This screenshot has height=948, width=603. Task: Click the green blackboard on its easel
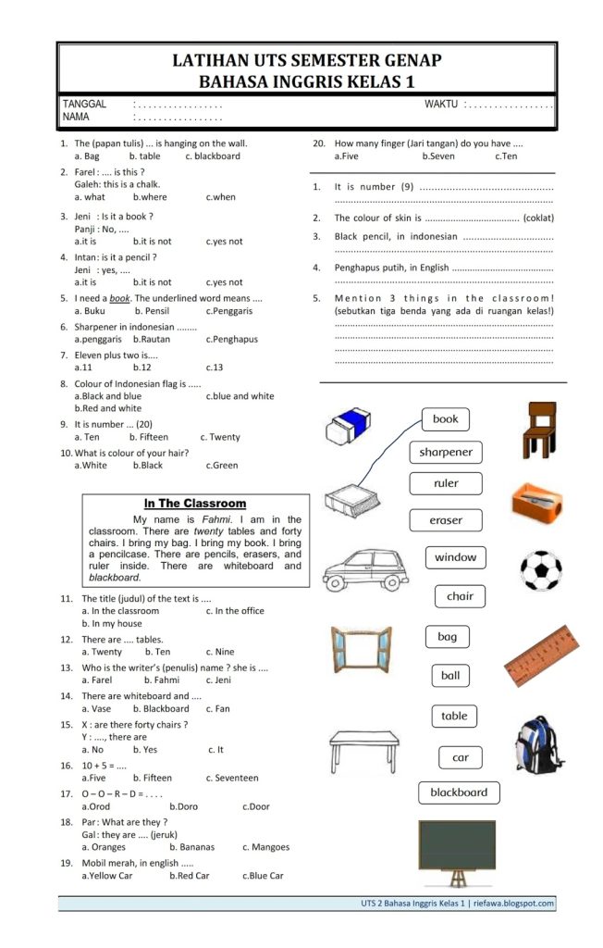coord(456,848)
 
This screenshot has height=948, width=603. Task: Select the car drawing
coord(360,568)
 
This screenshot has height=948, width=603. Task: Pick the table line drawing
coord(364,750)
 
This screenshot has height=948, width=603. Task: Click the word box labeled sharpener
coord(446,452)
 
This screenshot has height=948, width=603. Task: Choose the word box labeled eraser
coord(446,520)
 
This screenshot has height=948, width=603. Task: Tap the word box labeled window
coord(455,557)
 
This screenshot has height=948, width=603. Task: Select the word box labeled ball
coord(450,676)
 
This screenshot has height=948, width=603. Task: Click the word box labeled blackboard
coord(459,792)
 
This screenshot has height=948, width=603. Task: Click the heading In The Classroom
coord(194,504)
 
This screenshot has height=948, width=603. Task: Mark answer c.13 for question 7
coord(215,367)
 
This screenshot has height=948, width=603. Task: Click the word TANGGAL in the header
coord(84,105)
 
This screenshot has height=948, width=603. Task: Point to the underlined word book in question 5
coord(119,299)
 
